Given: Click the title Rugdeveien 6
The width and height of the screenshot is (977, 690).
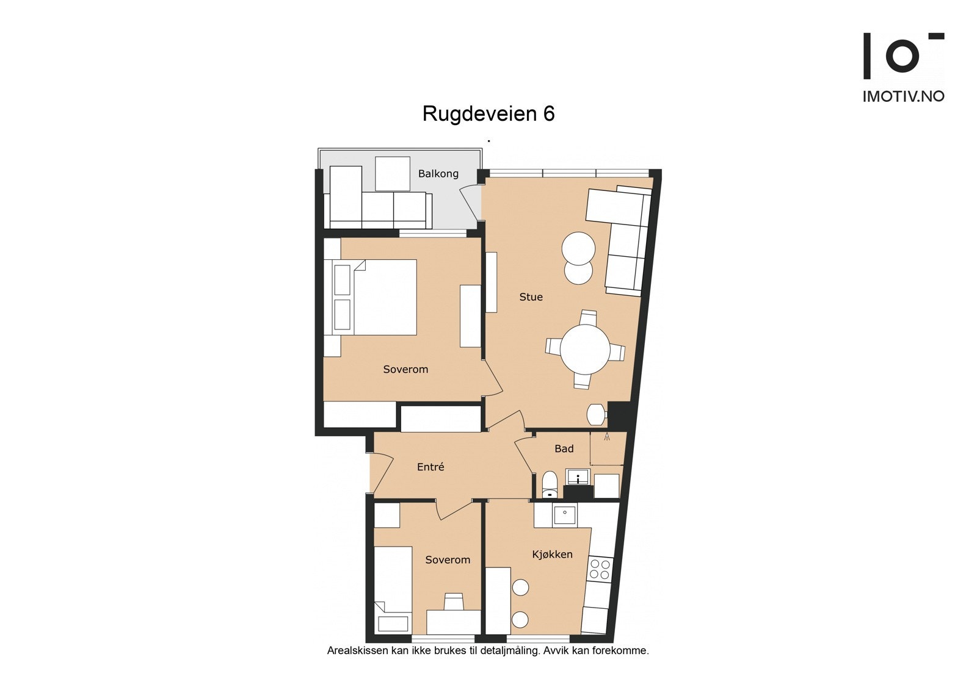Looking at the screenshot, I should click(488, 114).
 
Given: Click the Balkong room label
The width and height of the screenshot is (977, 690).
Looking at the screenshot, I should click(438, 174).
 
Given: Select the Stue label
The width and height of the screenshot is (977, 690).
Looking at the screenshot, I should click(531, 297).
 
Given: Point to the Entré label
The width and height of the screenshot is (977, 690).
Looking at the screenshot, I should click(430, 467).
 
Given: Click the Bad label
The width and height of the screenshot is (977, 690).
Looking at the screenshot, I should click(564, 449).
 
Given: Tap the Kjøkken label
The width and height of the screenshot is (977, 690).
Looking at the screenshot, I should click(552, 555).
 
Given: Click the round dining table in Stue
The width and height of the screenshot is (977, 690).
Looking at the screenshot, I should click(585, 350).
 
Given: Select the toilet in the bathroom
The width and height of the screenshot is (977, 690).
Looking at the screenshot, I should click(550, 484).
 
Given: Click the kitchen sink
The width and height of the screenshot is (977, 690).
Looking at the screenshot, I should click(564, 516).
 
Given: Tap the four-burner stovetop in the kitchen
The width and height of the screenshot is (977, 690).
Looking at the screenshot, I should click(599, 569).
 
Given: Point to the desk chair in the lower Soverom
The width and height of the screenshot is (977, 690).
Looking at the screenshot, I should click(454, 602).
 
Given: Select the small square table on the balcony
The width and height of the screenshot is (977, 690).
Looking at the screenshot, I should click(392, 174).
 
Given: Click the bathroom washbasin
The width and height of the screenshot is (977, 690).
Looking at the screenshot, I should click(577, 476).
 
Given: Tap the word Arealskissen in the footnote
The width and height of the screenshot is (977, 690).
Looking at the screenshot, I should click(357, 651).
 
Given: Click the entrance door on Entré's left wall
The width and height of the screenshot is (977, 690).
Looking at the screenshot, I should click(381, 475).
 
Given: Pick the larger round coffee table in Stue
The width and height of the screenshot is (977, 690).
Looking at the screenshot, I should click(578, 248).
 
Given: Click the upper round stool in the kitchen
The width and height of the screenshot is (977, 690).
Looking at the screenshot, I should click(520, 588).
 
